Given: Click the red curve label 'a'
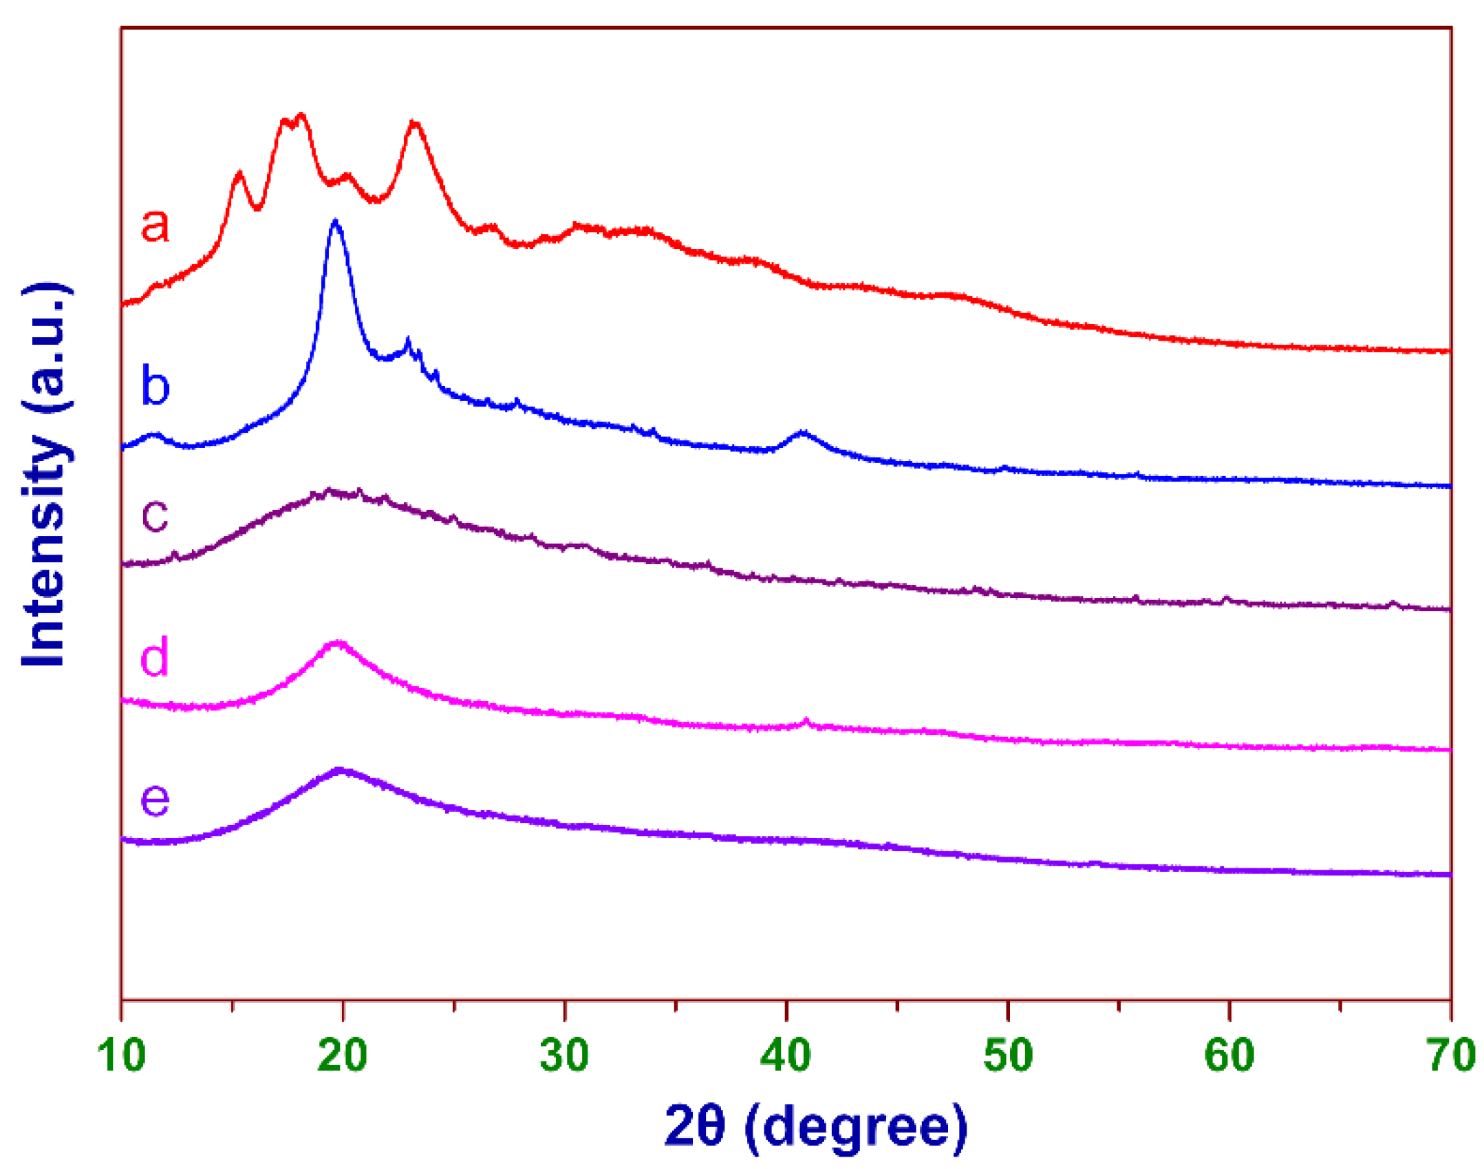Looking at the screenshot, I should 155,225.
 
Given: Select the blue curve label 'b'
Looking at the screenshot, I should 155,386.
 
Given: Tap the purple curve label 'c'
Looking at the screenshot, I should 155,515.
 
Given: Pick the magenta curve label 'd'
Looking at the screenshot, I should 155,656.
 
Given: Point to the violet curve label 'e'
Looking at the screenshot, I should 155,799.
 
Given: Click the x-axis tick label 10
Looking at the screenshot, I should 121,1055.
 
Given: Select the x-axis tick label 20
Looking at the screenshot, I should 343,1055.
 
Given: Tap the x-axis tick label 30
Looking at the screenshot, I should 564,1055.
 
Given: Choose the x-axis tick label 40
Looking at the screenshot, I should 786,1055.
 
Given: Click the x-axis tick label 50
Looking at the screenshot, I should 1008,1055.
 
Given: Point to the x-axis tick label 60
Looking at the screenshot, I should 1229,1055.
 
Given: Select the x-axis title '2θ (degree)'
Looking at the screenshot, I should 815,1127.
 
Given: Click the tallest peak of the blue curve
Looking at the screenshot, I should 336,222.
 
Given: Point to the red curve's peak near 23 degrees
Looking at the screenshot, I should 414,123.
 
